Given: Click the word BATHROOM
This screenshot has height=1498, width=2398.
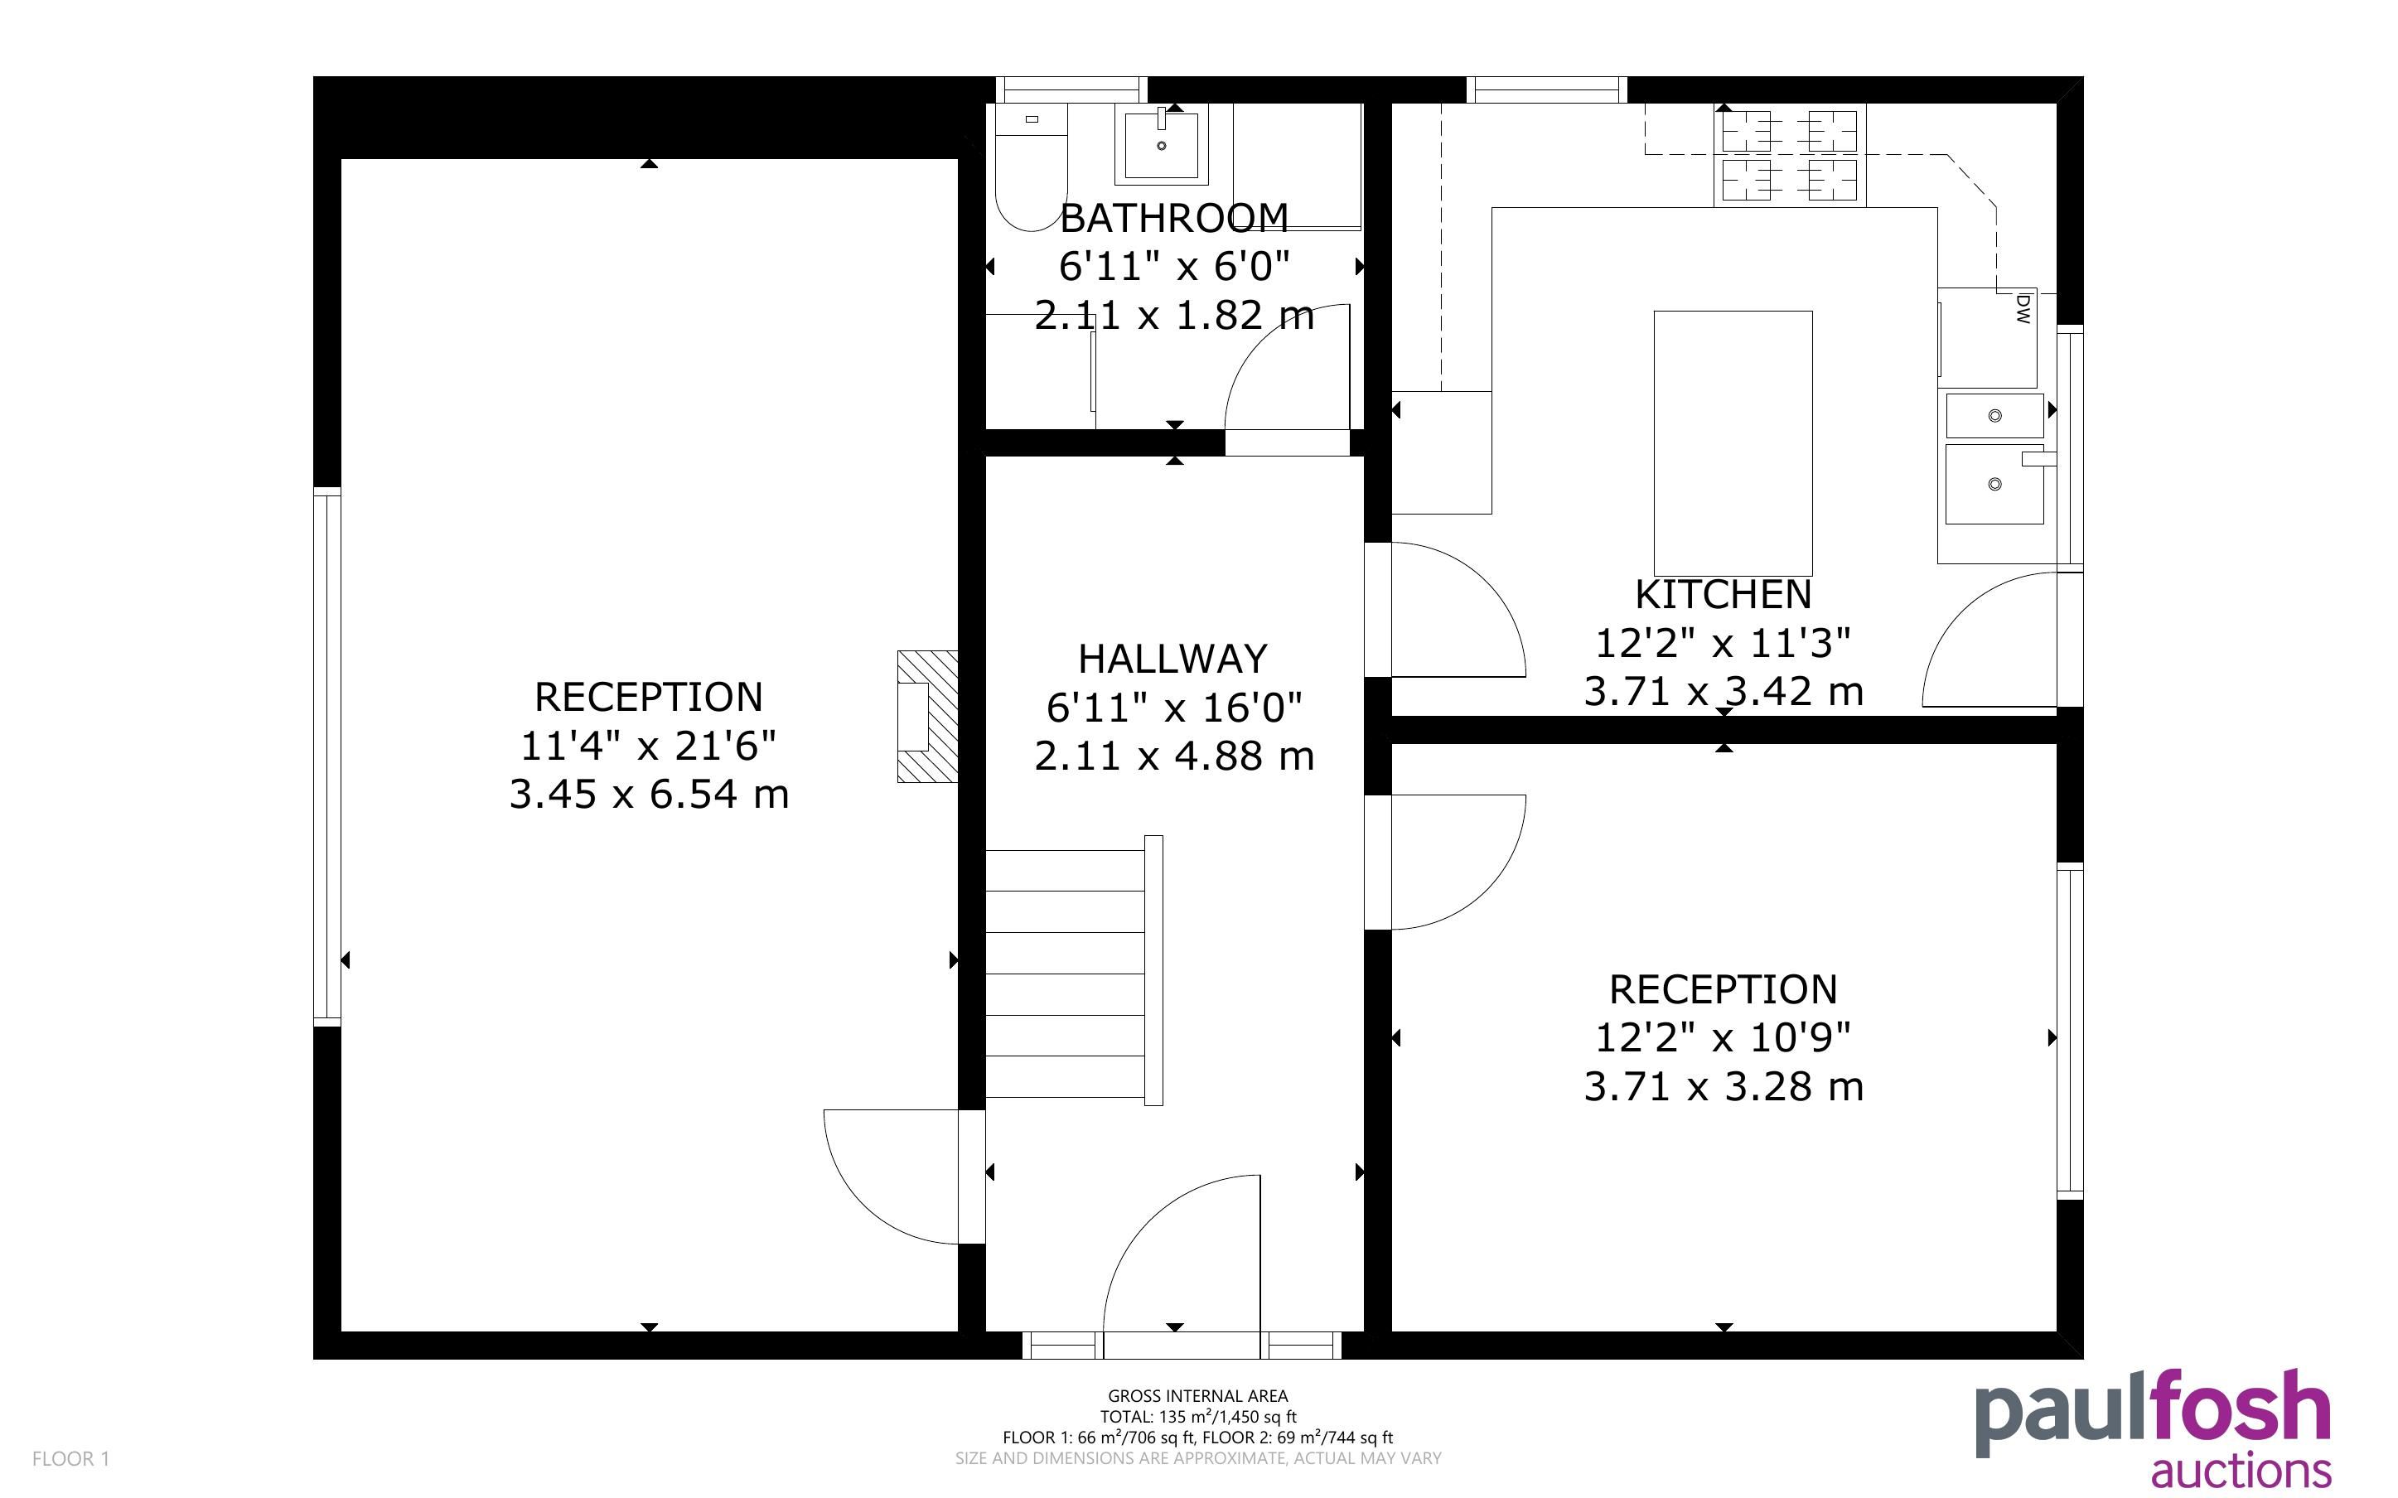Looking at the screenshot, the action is [x=1174, y=218].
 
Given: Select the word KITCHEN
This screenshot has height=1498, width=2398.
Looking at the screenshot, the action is [x=1724, y=594].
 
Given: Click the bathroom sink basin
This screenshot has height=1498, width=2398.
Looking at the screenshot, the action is [x=1161, y=145].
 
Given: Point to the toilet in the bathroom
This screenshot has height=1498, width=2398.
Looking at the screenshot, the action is [x=1031, y=167].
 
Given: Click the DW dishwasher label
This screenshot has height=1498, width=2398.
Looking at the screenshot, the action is [x=2023, y=308].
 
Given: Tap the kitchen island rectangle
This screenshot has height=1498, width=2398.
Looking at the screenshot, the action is [x=1733, y=443].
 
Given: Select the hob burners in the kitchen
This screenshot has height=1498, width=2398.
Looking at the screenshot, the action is [x=1789, y=156].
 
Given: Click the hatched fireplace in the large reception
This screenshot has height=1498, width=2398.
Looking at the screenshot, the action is [x=928, y=717].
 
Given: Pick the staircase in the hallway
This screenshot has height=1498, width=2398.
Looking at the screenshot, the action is [x=1074, y=971].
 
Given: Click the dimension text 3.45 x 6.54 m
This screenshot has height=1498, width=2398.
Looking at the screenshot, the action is [x=649, y=795].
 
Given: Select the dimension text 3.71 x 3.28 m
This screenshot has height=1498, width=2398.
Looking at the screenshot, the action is [x=1724, y=1087].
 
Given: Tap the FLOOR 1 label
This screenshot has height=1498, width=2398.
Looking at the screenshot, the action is [x=70, y=1458].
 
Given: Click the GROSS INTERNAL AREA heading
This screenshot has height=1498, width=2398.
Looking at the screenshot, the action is [x=1197, y=1396].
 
